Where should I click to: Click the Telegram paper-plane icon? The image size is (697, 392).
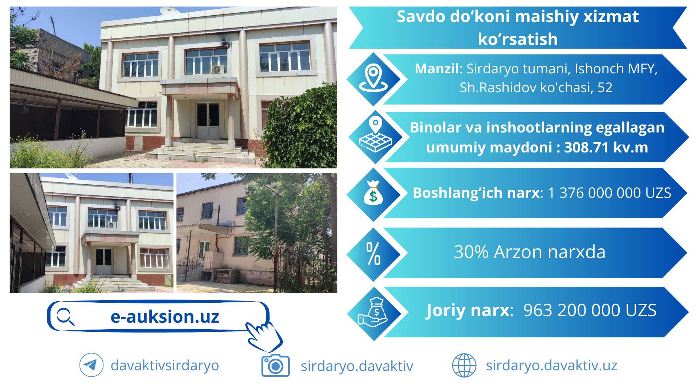pyautogui.click(x=91, y=365)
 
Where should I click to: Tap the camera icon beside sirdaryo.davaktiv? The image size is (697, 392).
pyautogui.click(x=276, y=366)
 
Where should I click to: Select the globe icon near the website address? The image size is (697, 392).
pyautogui.click(x=464, y=365)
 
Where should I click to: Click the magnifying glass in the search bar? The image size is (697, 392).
pyautogui.click(x=66, y=317)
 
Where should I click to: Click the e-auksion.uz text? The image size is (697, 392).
pyautogui.click(x=165, y=317)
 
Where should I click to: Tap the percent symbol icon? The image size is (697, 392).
pyautogui.click(x=373, y=254)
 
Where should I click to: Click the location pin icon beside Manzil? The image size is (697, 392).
pyautogui.click(x=373, y=78)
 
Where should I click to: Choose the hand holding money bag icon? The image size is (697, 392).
pyautogui.click(x=374, y=312)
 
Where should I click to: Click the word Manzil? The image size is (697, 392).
pyautogui.click(x=437, y=69)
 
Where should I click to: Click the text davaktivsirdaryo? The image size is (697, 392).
pyautogui.click(x=165, y=366)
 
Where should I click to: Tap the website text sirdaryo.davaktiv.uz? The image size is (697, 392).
pyautogui.click(x=551, y=366)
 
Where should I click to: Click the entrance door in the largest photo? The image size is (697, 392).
pyautogui.click(x=208, y=120)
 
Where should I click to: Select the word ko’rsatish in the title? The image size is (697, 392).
pyautogui.click(x=518, y=39)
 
